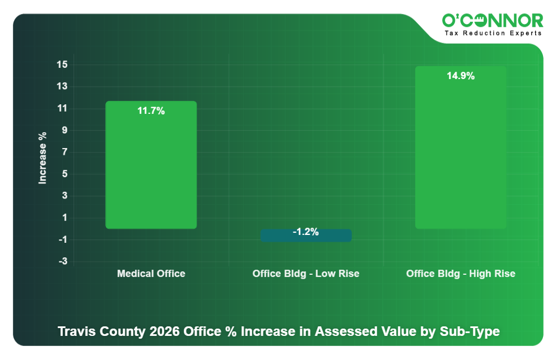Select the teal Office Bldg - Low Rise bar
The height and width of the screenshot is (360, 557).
pyautogui.click(x=306, y=236)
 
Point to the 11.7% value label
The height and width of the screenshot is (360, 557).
pyautogui.click(x=151, y=111)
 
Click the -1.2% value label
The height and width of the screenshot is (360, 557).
pyautogui.click(x=306, y=232)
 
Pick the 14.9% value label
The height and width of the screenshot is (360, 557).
pyautogui.click(x=461, y=76)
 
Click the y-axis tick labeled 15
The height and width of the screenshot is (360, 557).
pyautogui.click(x=62, y=65)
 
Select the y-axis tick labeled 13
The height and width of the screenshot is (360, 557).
pyautogui.click(x=62, y=87)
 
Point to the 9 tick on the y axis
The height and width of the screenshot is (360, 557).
pyautogui.click(x=64, y=131)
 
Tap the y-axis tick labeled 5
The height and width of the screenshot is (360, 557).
pyautogui.click(x=64, y=174)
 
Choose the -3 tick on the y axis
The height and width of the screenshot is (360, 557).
pyautogui.click(x=62, y=262)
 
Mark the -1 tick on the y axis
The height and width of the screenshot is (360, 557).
pyautogui.click(x=62, y=240)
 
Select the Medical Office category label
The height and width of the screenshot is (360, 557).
pyautogui.click(x=151, y=274)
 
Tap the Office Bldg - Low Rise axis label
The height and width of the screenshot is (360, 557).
pyautogui.click(x=306, y=274)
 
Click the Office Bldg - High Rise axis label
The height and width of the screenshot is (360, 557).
pyautogui.click(x=461, y=274)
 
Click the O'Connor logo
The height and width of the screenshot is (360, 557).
pyautogui.click(x=493, y=21)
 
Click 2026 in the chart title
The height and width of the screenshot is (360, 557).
pyautogui.click(x=166, y=331)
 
